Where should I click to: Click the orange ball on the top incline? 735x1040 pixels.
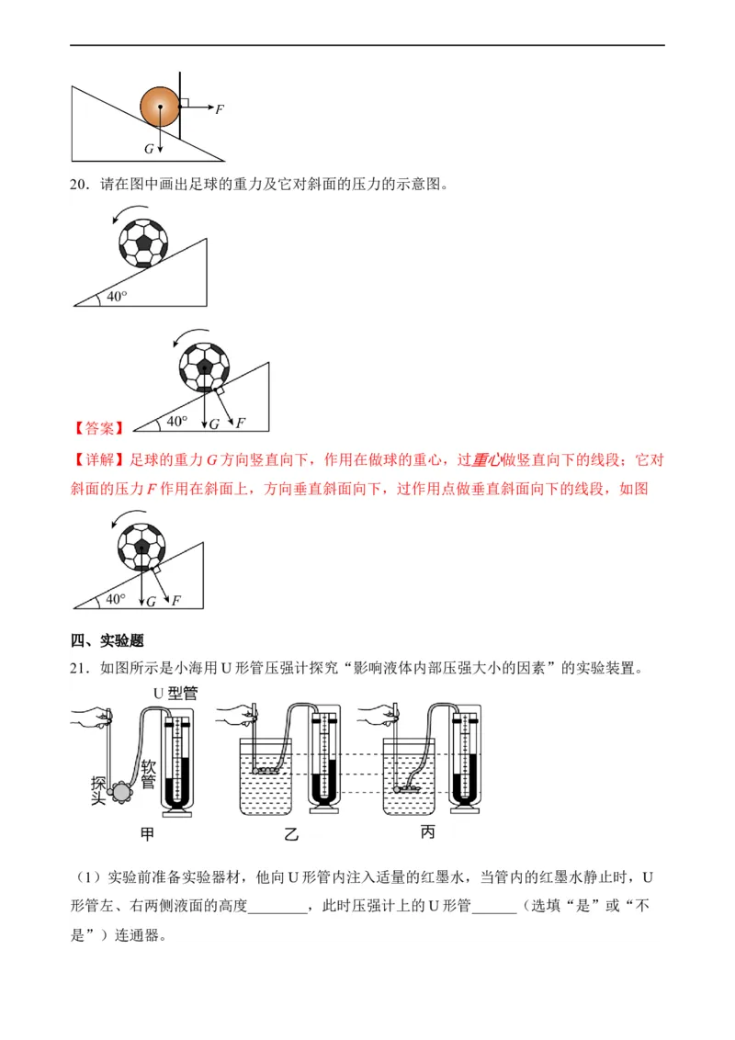click(x=160, y=107)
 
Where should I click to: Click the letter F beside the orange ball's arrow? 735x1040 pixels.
click(x=220, y=108)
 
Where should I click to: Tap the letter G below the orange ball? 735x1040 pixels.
click(x=149, y=149)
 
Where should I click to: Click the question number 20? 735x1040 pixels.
click(x=79, y=185)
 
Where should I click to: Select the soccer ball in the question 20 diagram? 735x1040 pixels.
click(x=143, y=243)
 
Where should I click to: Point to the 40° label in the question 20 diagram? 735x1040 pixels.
click(x=117, y=297)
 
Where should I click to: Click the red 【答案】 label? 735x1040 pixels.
click(x=98, y=428)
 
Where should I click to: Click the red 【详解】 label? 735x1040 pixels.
click(x=98, y=459)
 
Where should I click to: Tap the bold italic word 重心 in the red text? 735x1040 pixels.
click(x=486, y=459)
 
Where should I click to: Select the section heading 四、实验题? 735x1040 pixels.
click(x=107, y=640)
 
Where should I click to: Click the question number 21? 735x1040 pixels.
click(x=79, y=668)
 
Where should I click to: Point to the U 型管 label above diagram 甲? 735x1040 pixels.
click(x=175, y=693)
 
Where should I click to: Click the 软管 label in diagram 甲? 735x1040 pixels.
click(x=149, y=774)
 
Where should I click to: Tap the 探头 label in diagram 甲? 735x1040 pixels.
click(x=99, y=791)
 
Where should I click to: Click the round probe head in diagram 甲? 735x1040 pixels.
click(x=122, y=791)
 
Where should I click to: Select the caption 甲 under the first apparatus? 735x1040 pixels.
click(x=147, y=833)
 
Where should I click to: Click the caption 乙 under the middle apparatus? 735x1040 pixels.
click(x=291, y=834)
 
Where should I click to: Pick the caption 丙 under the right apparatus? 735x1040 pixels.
click(x=428, y=831)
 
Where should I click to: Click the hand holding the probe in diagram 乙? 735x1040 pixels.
click(x=236, y=715)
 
